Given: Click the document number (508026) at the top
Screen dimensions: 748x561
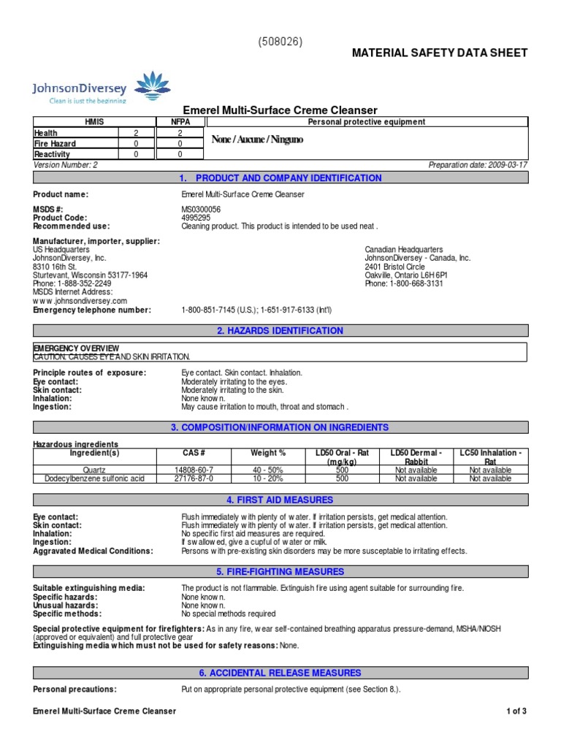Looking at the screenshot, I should click(x=280, y=42).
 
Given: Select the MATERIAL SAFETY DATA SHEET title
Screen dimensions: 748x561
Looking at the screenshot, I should click(x=440, y=53).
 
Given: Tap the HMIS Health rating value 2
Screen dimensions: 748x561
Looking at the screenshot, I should click(x=135, y=134).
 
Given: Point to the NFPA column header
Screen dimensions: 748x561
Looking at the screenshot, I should click(x=180, y=123).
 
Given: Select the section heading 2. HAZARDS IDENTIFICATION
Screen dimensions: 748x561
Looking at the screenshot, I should click(x=280, y=331).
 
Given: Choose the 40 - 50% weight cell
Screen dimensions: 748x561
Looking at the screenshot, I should click(x=268, y=470).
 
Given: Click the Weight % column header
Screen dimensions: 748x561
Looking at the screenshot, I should click(x=268, y=453).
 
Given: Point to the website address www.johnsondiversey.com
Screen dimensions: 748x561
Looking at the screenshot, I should click(x=80, y=301).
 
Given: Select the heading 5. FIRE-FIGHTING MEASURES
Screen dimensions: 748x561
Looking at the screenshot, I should click(x=280, y=572).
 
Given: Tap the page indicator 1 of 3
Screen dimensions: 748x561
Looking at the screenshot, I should click(x=516, y=711).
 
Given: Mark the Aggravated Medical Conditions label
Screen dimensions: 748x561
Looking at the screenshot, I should click(x=93, y=551).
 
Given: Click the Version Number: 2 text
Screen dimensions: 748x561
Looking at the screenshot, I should click(x=66, y=165).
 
